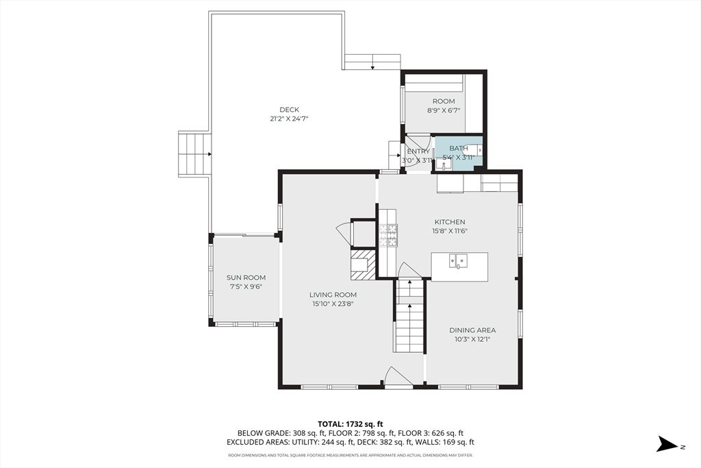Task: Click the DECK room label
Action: (x=290, y=110)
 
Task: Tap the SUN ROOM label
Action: (x=246, y=278)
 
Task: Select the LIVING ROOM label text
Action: (x=333, y=295)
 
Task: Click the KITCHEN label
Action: (x=450, y=221)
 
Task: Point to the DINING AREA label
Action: (x=472, y=330)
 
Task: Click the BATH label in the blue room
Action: (x=459, y=148)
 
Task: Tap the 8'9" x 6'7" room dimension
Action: (x=444, y=110)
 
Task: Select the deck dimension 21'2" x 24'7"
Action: (x=290, y=119)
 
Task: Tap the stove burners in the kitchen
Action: (x=388, y=235)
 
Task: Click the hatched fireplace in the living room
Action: (x=363, y=264)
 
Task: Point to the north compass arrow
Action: (x=668, y=444)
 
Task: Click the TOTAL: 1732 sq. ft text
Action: (x=350, y=423)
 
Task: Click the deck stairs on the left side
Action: (x=194, y=154)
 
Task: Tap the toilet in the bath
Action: (x=474, y=150)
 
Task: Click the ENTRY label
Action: (x=418, y=151)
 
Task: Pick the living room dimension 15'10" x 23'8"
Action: (x=333, y=304)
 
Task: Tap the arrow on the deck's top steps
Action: (x=372, y=66)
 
